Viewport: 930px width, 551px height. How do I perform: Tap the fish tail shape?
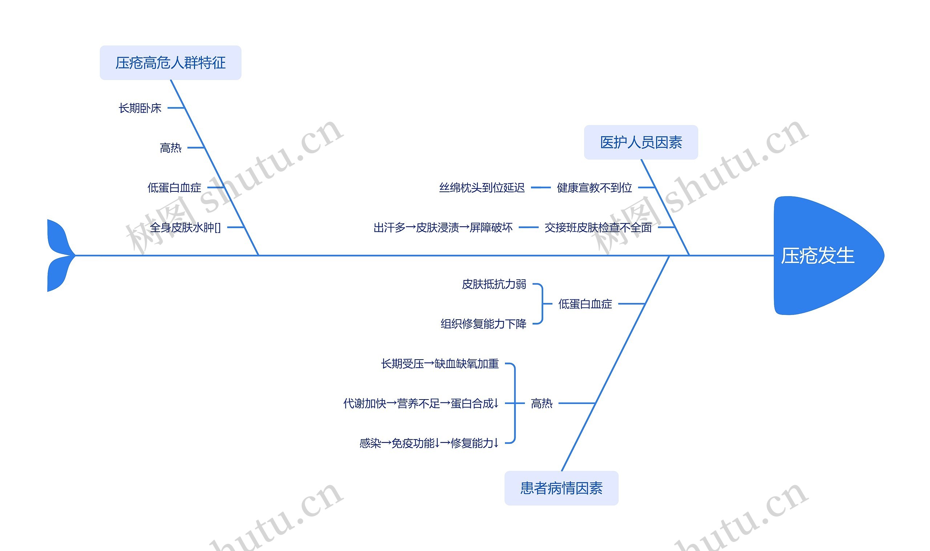coord(58,255)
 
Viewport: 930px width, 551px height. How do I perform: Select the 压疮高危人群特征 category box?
coord(170,63)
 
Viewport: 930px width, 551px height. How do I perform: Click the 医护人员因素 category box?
coord(641,142)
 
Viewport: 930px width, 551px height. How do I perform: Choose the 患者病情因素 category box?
coord(561,488)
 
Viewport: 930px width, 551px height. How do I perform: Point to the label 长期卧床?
coord(139,108)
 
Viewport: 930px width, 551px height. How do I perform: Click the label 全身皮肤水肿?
coord(185,227)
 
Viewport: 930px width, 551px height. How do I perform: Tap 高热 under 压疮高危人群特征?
coord(170,148)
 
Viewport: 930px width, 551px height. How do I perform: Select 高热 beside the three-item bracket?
coord(541,403)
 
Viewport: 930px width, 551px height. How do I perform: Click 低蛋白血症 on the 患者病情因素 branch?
coord(585,304)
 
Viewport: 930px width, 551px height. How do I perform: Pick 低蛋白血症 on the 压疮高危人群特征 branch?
coord(174,187)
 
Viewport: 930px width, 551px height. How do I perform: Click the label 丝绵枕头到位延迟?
coord(481,187)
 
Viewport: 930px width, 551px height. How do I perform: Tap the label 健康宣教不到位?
coord(594,187)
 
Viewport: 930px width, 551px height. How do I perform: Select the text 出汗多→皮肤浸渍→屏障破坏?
coord(442,227)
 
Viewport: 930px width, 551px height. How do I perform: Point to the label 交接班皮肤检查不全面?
coord(598,227)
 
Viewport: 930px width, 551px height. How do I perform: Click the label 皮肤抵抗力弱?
coord(494,284)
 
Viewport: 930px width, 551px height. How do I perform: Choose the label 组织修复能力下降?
coord(483,324)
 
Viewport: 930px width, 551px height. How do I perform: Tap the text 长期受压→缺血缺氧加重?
coord(440,364)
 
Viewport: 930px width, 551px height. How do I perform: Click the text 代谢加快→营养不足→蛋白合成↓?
coord(421,403)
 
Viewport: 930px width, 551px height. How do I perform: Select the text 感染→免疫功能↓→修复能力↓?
coord(429,443)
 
